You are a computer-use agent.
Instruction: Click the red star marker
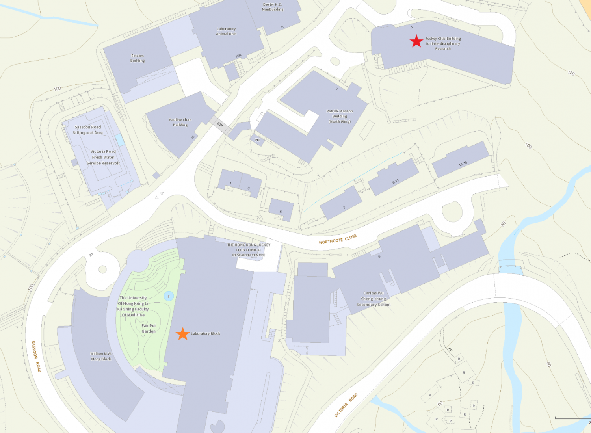[416, 41]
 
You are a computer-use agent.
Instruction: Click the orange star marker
[182, 334]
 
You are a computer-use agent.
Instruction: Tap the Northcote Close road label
[338, 239]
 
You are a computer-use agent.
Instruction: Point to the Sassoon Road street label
[36, 356]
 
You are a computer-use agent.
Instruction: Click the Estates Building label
[138, 58]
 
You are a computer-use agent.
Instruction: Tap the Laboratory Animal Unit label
[226, 31]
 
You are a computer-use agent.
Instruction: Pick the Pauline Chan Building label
[180, 122]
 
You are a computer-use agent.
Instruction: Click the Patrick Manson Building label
[340, 116]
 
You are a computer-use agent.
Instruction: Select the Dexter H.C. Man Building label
[273, 7]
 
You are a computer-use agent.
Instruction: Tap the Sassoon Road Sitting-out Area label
[87, 130]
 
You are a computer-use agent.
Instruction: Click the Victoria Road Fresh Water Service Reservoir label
[103, 157]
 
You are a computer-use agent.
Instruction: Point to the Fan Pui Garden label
[149, 329]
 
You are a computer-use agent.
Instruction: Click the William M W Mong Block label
[100, 356]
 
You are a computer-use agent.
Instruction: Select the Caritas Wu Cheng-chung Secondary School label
[373, 299]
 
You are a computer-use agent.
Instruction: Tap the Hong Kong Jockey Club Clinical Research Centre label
[249, 250]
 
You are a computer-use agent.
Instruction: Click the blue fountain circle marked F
[169, 296]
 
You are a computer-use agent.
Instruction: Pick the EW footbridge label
[220, 125]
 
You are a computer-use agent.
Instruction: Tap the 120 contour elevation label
[571, 73]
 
